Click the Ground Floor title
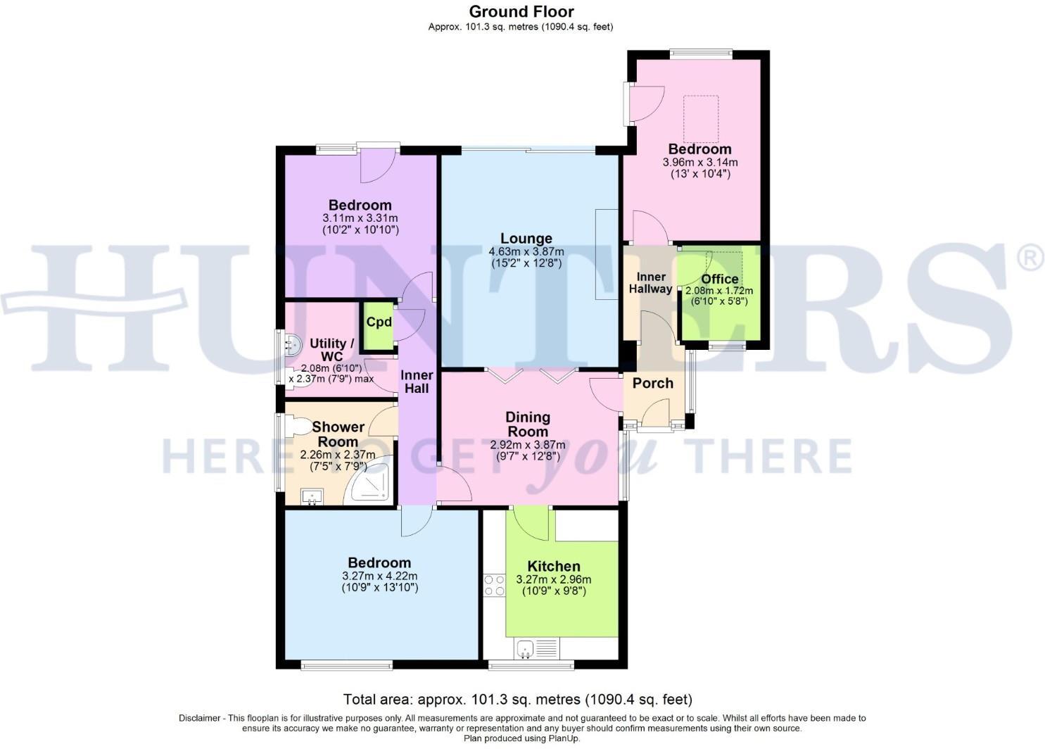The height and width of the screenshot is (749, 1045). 521,11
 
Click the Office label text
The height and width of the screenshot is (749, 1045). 719,279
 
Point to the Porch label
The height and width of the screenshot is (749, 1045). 652,383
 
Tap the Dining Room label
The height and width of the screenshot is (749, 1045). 527,424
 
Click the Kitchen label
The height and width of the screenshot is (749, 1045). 554,566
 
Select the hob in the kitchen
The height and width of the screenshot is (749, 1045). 494,586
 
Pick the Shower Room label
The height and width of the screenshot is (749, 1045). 338,434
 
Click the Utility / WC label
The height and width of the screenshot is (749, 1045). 332,349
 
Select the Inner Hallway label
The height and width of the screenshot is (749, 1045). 650,282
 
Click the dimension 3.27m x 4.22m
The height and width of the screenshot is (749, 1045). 379,575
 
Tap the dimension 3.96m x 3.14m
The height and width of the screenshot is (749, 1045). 699,162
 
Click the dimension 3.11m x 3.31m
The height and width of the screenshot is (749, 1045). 360,218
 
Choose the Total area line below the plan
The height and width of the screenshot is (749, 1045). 517,700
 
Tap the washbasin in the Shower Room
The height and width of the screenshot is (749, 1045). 311,497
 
